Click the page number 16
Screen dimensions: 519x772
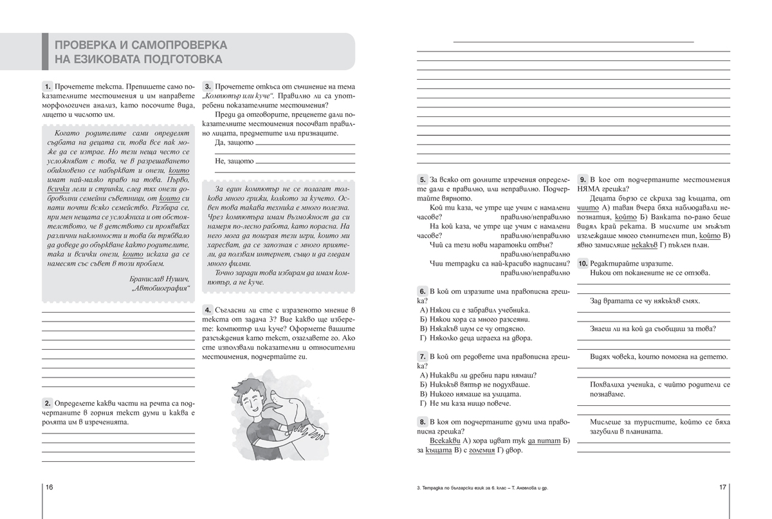(x=49, y=487)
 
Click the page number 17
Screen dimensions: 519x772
(x=722, y=487)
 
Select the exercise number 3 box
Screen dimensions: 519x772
(x=208, y=86)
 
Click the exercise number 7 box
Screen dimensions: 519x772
(x=422, y=356)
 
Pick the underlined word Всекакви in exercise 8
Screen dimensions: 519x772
(x=445, y=441)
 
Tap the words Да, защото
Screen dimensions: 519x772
(x=234, y=143)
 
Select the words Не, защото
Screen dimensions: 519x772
(x=234, y=161)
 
